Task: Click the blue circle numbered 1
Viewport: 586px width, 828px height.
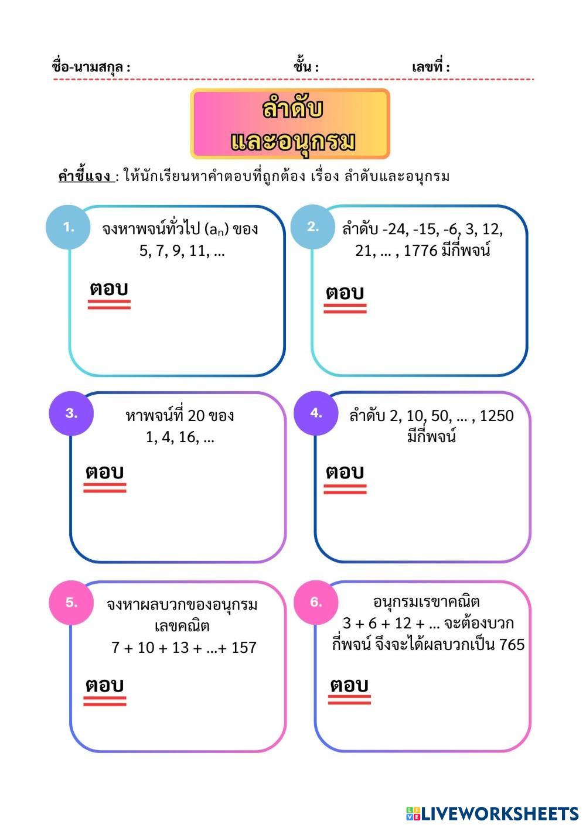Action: [69, 227]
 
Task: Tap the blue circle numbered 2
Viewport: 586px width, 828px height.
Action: [313, 227]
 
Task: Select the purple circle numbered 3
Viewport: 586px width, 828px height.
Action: [71, 413]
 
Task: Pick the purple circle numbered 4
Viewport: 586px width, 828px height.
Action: [316, 413]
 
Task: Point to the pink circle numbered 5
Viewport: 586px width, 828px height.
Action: [71, 603]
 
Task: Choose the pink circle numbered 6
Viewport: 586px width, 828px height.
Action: [316, 603]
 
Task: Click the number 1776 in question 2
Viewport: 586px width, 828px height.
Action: [421, 251]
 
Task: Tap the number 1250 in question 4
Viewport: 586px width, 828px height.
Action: [496, 416]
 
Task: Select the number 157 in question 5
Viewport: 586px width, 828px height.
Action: [244, 648]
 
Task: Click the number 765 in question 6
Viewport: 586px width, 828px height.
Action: [512, 645]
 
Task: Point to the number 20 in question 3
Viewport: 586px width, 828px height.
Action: [196, 416]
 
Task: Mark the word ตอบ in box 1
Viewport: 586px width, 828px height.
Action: [109, 289]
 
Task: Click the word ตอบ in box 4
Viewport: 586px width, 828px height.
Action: [345, 472]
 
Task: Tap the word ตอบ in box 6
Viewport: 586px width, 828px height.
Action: [349, 685]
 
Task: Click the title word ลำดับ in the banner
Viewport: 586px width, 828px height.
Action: [292, 110]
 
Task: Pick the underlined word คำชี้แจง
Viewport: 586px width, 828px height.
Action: [86, 176]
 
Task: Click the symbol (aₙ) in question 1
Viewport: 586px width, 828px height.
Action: [216, 229]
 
